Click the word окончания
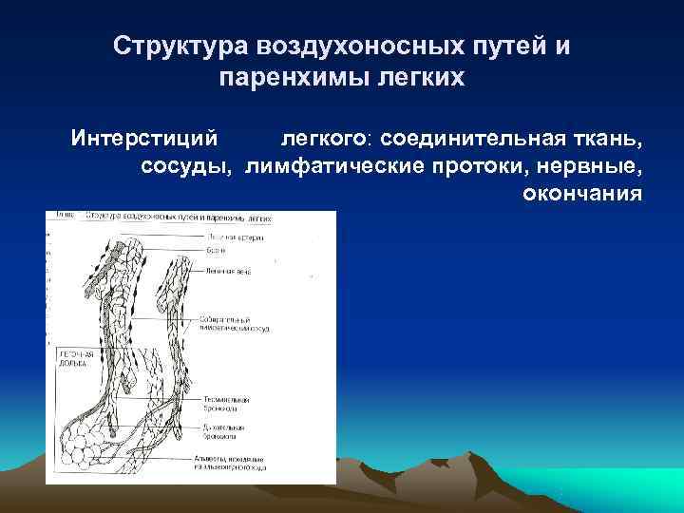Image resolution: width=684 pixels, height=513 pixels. (582, 194)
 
